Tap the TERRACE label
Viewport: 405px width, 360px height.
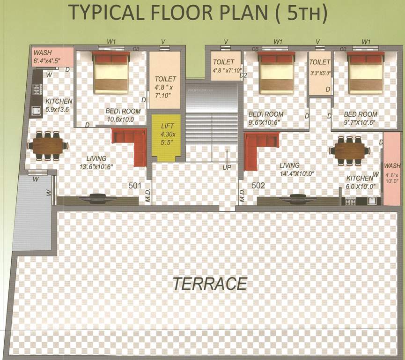coord(209,284)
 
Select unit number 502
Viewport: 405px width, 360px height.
coord(258,186)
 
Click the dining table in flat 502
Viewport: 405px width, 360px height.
coord(349,150)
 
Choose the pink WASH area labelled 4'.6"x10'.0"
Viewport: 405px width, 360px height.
coord(392,171)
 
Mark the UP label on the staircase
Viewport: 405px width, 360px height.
coord(227,167)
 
